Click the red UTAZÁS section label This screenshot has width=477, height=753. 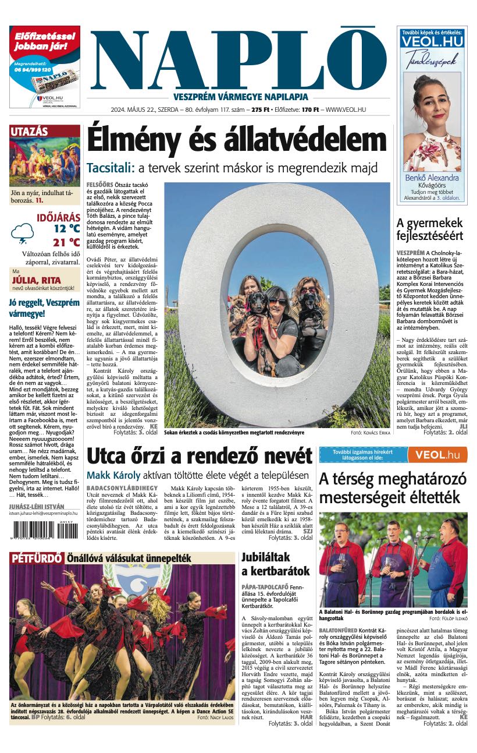(x=29, y=132)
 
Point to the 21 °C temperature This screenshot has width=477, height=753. (x=66, y=242)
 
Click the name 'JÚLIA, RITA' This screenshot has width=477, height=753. (x=37, y=280)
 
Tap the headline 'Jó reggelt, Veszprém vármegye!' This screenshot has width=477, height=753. (x=44, y=308)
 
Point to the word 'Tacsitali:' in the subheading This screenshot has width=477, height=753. (x=110, y=168)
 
